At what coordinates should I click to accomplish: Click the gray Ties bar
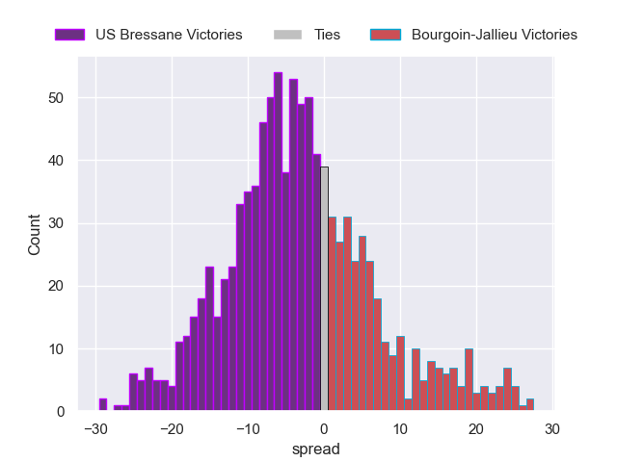tap(325, 289)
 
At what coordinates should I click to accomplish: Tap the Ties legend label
tap(327, 35)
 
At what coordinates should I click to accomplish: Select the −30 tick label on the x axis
tap(94, 428)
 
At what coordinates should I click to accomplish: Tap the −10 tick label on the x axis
tap(248, 428)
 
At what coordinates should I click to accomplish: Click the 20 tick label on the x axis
tap(475, 428)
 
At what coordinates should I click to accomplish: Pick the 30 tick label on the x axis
tap(551, 428)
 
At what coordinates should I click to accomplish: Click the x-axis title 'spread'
tap(323, 449)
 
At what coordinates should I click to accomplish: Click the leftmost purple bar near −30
tap(103, 405)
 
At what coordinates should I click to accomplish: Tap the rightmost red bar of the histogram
tap(530, 405)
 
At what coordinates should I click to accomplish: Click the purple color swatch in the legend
tap(70, 35)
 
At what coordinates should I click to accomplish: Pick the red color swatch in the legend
tap(387, 35)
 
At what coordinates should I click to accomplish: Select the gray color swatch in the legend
tap(289, 35)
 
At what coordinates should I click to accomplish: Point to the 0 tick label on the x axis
tap(324, 428)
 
